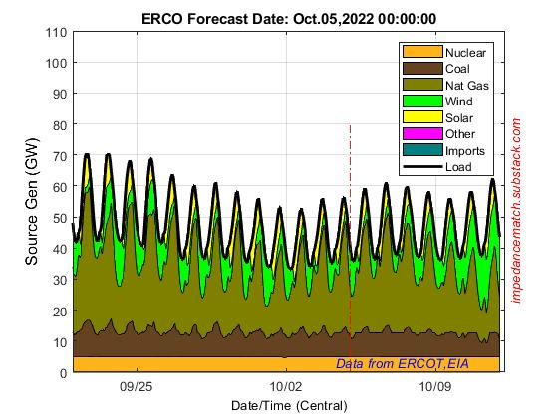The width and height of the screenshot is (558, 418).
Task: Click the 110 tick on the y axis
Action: pos(56,33)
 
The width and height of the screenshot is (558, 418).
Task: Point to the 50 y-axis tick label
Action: pos(59,218)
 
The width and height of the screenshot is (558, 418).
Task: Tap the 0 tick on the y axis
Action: pos(62,372)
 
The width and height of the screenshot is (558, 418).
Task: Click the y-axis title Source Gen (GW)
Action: pos(32,203)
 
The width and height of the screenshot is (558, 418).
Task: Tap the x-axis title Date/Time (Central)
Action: pos(288,405)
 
